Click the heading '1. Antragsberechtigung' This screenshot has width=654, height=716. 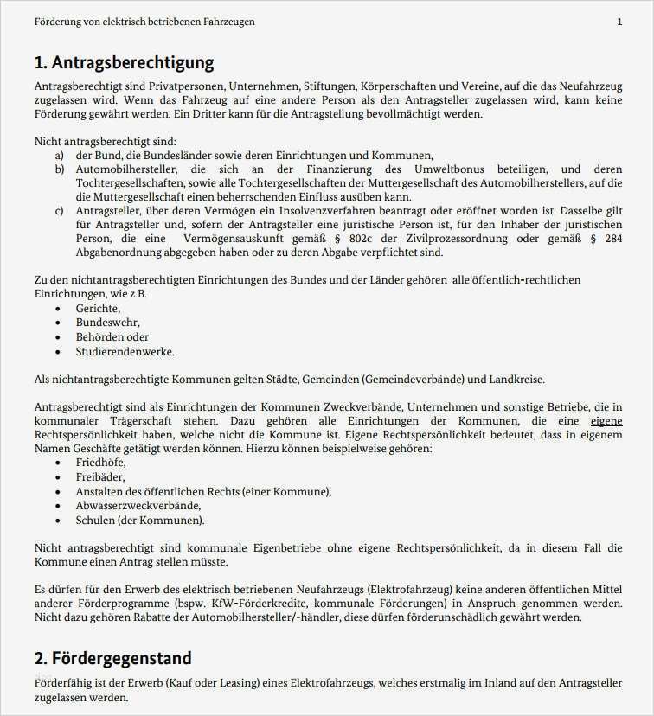[124, 62]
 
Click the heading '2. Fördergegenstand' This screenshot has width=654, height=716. [112, 658]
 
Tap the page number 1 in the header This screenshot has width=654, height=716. [619, 22]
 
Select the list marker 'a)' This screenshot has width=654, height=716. [59, 155]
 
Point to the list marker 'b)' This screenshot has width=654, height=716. [59, 169]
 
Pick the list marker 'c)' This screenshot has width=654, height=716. [59, 211]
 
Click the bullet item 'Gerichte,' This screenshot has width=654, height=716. [98, 309]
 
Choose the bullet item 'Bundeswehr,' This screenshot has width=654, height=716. [107, 323]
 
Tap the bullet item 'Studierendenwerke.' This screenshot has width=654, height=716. [125, 351]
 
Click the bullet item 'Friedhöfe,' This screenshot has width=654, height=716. [100, 463]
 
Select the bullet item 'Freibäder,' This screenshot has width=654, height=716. [100, 476]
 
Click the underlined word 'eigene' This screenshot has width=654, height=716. [606, 421]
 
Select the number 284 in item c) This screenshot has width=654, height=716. [612, 239]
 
